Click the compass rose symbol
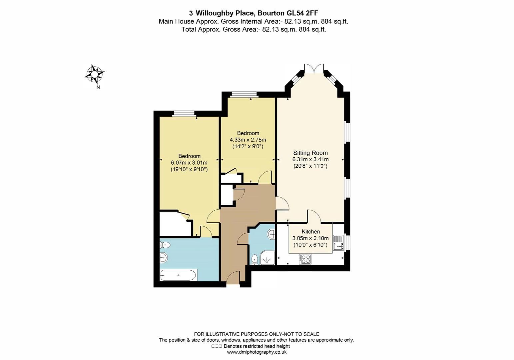(95, 74)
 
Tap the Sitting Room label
(310, 153)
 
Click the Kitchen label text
(310, 232)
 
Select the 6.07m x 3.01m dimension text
(189, 163)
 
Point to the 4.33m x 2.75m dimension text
(248, 140)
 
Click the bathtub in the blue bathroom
(178, 275)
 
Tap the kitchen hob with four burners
(305, 259)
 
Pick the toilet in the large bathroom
(165, 245)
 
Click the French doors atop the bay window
(314, 69)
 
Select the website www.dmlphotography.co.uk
(257, 352)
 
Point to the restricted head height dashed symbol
(217, 346)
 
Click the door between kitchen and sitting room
(314, 217)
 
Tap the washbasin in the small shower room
(271, 234)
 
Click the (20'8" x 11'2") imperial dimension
(310, 166)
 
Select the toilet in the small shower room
(255, 259)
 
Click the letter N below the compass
(98, 88)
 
